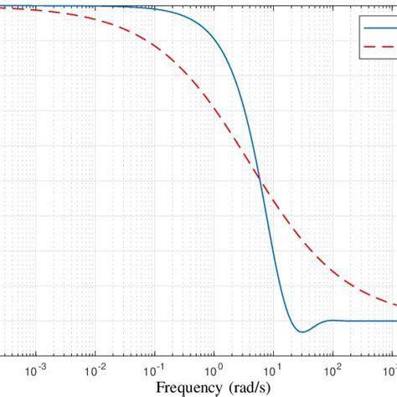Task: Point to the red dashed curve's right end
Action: (395, 304)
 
